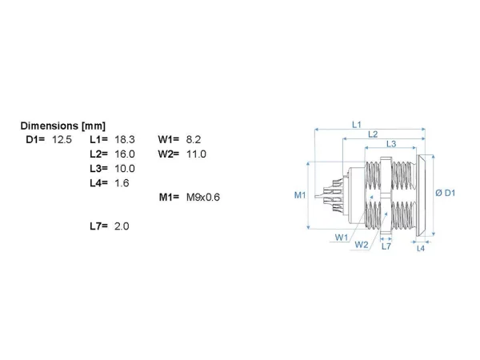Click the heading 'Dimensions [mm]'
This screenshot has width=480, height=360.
point(62,126)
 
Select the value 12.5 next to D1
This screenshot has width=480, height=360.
point(62,139)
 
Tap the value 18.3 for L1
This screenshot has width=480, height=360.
point(125,139)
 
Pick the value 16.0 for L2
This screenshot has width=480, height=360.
point(125,154)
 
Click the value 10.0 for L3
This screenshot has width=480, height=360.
point(125,168)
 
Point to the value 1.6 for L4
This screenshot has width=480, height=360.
point(122,183)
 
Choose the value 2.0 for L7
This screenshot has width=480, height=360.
point(122,226)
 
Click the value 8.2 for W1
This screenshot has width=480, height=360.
point(194,139)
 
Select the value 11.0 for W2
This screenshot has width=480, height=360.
point(196,154)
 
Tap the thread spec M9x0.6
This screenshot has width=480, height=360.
point(203,197)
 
